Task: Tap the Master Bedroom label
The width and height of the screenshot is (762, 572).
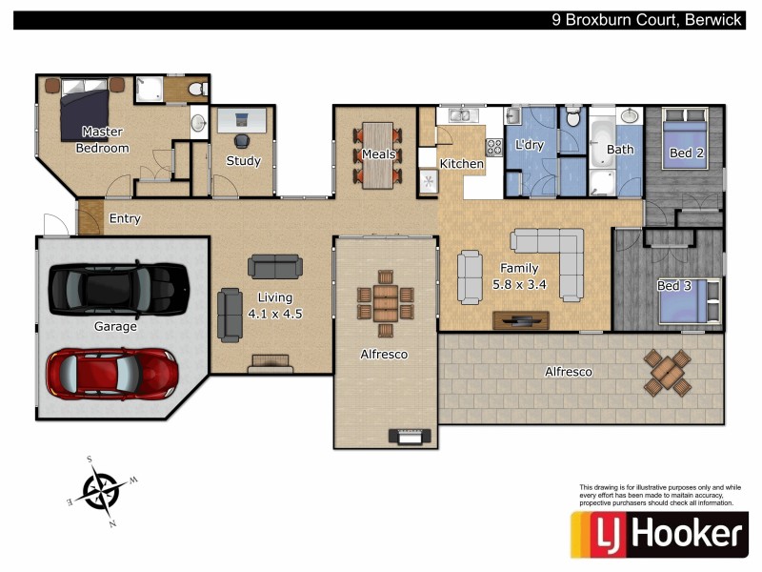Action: coord(102,140)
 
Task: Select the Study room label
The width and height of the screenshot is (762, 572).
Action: coord(243,161)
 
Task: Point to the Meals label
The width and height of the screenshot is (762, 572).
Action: coord(378,154)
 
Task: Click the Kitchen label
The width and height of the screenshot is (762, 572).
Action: coord(461,164)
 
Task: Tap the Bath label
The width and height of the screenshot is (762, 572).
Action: coord(620,150)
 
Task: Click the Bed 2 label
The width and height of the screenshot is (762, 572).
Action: coord(686,153)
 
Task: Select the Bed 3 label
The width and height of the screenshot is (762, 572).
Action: coord(674,286)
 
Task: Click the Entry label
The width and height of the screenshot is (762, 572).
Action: coord(125,218)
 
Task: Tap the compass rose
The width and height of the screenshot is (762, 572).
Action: coord(100,492)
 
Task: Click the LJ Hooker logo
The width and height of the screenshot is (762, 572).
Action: coord(657,534)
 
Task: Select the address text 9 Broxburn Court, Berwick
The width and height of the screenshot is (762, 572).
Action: coord(647,19)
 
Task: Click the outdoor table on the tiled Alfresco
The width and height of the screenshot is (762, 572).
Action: coord(668,373)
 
